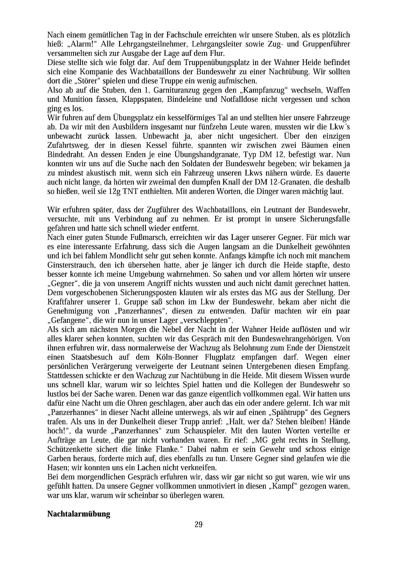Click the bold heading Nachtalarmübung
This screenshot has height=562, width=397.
79,514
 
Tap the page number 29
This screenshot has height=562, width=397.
199,524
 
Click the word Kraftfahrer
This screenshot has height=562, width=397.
65,302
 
